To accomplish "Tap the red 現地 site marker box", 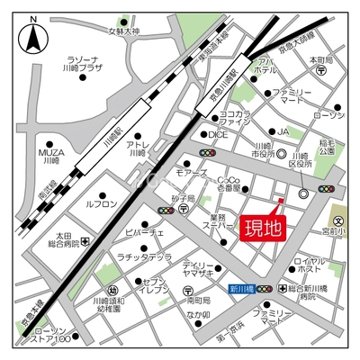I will (263, 227).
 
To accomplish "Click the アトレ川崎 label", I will (138, 148).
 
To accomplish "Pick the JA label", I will (283, 131).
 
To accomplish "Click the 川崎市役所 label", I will (263, 150).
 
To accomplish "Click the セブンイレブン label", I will (155, 287).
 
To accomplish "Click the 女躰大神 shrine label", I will (126, 31).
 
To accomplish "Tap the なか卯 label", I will (199, 315).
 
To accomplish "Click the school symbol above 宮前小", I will (339, 220).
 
